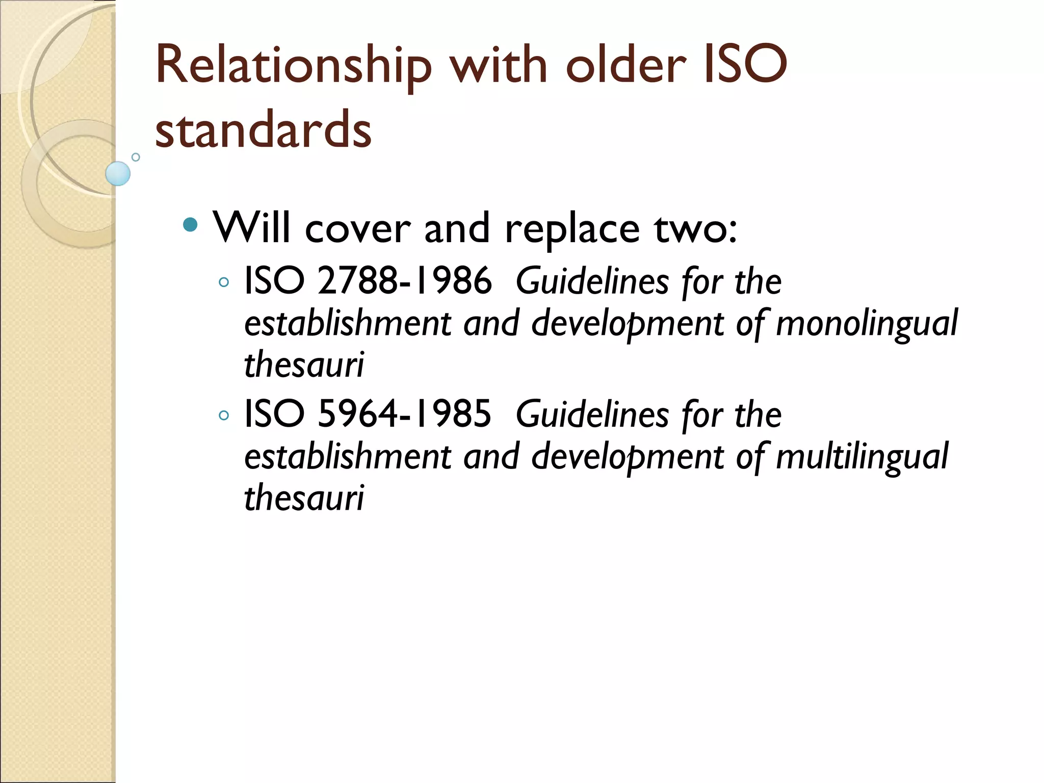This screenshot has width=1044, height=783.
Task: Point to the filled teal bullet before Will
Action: coord(190,224)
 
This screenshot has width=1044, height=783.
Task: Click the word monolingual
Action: coord(866,323)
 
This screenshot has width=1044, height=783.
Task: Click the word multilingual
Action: coord(862,456)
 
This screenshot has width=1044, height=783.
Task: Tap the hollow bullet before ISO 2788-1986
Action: coord(223,282)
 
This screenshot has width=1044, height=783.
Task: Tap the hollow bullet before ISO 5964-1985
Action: coord(223,415)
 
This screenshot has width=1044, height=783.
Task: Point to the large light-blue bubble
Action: coord(118,173)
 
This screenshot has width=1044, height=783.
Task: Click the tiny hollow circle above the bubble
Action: coord(136,157)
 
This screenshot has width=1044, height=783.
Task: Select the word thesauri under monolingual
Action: coord(304,364)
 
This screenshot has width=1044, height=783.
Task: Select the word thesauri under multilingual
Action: coord(304,498)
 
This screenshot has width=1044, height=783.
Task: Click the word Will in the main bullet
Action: coord(251,228)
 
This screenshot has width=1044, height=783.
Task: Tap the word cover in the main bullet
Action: coord(358,229)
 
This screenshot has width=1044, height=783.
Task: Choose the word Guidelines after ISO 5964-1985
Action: coord(592,414)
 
